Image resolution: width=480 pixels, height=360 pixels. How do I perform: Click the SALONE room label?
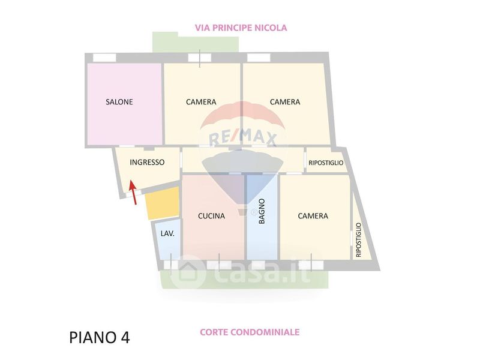click(x=119, y=102)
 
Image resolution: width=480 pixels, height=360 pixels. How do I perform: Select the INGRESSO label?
click(x=147, y=162)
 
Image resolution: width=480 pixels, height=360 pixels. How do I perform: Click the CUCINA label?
click(x=211, y=216)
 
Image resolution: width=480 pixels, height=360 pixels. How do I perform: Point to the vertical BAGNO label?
click(x=262, y=212)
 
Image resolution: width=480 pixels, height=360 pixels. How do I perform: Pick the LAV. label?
click(x=167, y=234)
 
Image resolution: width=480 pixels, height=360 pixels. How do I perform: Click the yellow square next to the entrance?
click(x=163, y=203)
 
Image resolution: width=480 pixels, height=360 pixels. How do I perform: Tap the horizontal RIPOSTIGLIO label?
click(x=326, y=163)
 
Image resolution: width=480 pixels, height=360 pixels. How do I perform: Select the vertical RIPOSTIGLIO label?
click(x=359, y=240)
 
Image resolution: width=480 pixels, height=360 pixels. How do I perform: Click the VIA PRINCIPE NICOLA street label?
click(x=241, y=28)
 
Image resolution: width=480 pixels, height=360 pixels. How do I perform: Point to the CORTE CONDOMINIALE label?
click(x=249, y=332)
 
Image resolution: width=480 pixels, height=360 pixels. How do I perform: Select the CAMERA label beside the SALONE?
click(x=201, y=102)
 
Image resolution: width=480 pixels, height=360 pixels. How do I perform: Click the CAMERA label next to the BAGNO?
click(x=313, y=216)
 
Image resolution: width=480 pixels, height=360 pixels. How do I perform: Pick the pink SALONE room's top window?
click(x=104, y=58)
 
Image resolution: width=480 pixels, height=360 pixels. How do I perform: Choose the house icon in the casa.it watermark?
click(x=187, y=273)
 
